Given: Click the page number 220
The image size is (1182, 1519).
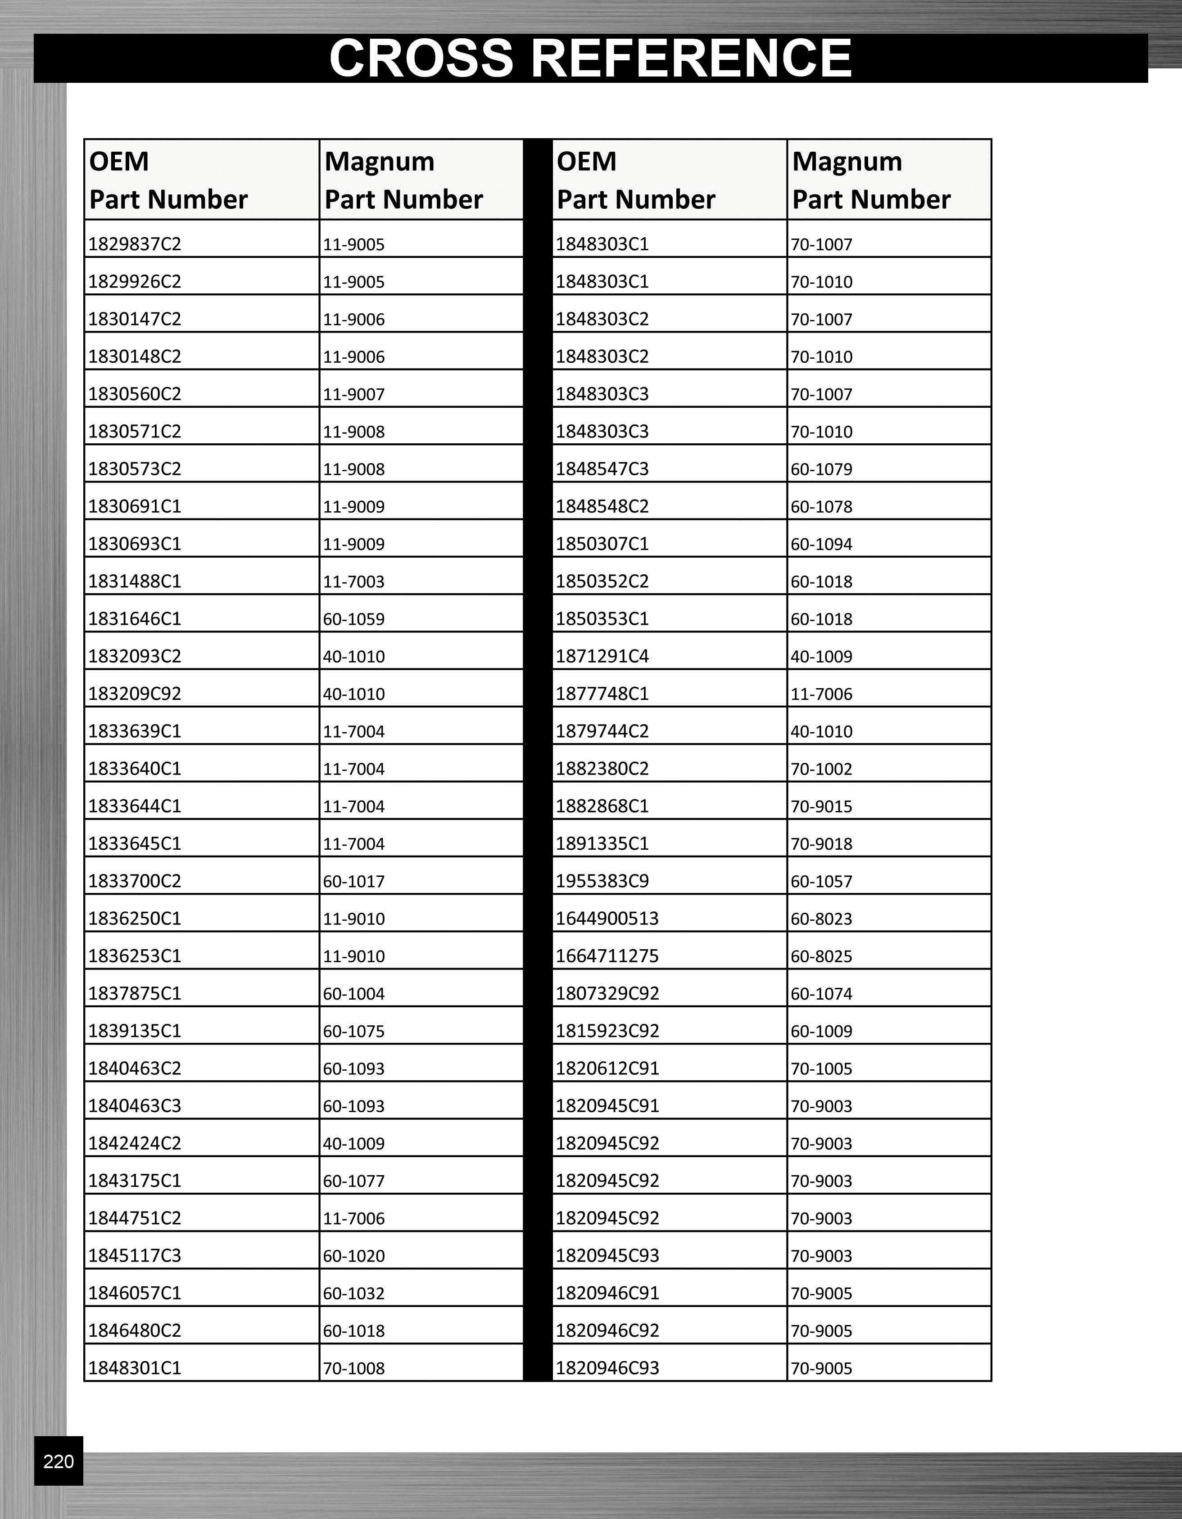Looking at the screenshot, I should coord(59,1461).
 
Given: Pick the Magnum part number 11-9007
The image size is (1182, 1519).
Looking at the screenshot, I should coord(353,394).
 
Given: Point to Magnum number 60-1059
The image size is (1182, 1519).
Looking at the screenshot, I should coord(353,619).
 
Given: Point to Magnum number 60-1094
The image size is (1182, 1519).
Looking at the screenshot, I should coord(821,544).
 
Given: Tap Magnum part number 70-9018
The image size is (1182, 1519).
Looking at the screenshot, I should coord(821,843).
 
